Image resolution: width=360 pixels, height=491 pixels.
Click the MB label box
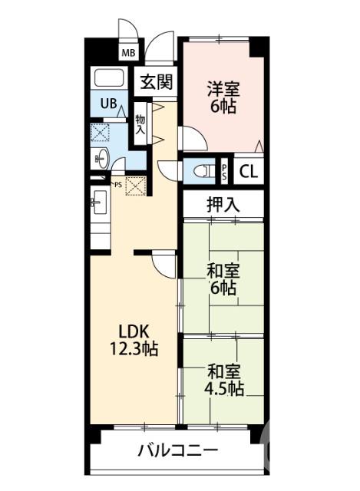pos(128,53)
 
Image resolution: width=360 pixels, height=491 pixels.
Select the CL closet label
pos(248,171)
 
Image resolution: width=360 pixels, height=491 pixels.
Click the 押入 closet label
pos(223,204)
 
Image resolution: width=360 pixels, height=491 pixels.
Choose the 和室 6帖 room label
pos(223,280)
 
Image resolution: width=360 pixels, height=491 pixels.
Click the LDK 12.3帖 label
pos(137,340)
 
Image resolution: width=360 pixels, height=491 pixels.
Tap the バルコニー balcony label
pos(177,450)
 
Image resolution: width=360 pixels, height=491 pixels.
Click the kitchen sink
pos(97,203)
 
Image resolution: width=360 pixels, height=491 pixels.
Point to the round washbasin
pos(101,160)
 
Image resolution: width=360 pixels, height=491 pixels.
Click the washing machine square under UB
pos(100,133)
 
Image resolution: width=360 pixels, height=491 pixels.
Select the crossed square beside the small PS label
pos(135,186)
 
